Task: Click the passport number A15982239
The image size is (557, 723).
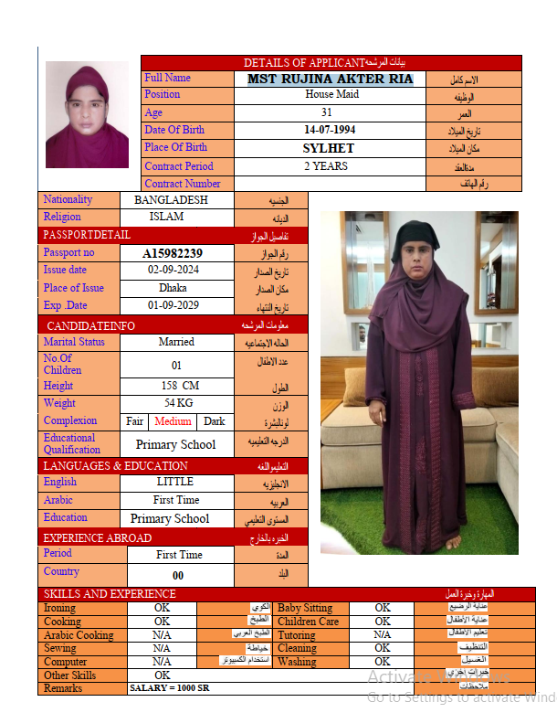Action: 173,253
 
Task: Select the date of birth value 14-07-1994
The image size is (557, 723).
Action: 330,130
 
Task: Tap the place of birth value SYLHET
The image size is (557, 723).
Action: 329,148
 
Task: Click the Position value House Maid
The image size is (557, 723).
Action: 331,94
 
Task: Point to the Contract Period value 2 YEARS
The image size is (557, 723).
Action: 326,166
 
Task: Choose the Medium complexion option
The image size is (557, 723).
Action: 173,421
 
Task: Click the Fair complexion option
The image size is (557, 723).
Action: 135,421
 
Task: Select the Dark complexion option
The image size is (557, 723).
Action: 214,421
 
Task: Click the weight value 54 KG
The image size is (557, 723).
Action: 178,403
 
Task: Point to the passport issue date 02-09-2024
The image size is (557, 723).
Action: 173,271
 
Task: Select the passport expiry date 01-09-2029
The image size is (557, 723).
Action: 173,305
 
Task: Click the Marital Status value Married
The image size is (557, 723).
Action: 176,342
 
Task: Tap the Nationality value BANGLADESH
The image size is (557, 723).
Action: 171,199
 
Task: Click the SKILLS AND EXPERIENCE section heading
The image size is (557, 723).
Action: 110,594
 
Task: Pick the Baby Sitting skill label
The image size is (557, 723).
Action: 305,608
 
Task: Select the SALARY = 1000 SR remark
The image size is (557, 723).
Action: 170,687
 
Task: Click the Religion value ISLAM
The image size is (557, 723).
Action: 166,217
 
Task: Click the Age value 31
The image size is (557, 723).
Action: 327,112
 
